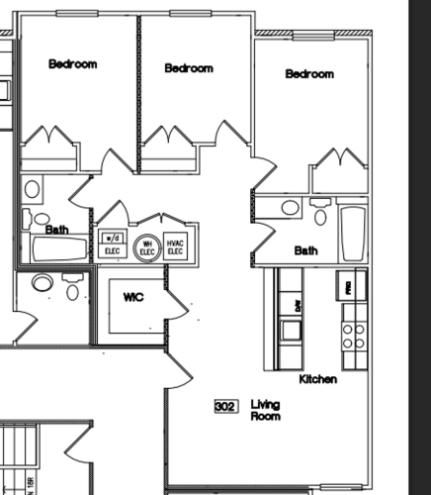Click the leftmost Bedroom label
point(73,64)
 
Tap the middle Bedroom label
point(189,68)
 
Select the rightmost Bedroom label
point(309,74)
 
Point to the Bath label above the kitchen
point(305,251)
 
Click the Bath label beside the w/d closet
point(57,230)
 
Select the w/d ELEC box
point(112,243)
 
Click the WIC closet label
point(134,297)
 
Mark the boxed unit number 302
point(225,406)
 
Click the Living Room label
point(265,410)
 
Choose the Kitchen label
point(318,379)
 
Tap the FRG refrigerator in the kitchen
point(347,286)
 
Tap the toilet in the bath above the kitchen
point(319,212)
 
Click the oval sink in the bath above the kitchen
point(290,208)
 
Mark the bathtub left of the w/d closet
point(59,248)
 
